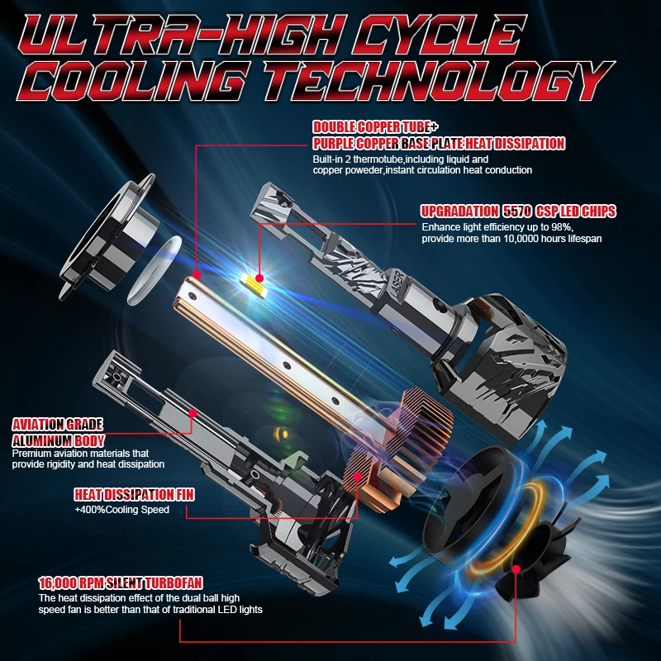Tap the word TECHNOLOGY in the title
pos(439,81)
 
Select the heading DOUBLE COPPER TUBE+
pos(375,127)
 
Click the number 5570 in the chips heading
pos(517,212)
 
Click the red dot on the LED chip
pos(259,278)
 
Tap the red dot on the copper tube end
pos(197,275)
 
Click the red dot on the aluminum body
pos(193,413)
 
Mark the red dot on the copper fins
pos(358,477)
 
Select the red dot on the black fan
pos(516,569)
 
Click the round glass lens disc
pos(154,270)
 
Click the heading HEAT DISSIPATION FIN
pos(134,494)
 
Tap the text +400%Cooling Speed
pos(121,510)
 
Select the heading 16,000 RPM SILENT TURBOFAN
pos(121,583)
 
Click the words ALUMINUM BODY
pos(58,441)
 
